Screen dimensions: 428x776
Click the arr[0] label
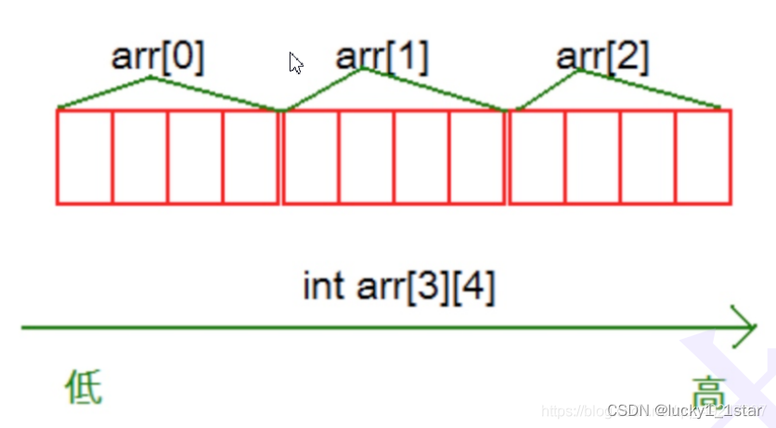point(158,58)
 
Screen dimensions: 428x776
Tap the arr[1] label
point(382,58)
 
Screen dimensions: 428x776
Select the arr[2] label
point(602,58)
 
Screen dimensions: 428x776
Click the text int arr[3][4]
point(399,287)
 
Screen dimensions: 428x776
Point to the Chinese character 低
point(84,386)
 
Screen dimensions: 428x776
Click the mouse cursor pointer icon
point(296,63)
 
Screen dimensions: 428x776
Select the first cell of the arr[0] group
point(84,156)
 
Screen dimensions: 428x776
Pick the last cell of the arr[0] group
point(251,156)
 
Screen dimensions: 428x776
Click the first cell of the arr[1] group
point(311,156)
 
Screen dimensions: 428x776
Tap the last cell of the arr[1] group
point(477,156)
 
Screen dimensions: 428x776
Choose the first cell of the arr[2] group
point(537,156)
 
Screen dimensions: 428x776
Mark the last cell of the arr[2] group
point(704,156)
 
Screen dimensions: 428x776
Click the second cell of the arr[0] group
point(140,156)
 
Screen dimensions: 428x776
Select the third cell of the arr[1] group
point(421,156)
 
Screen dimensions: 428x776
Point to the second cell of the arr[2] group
point(593,156)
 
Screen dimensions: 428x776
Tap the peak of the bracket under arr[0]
point(151,77)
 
